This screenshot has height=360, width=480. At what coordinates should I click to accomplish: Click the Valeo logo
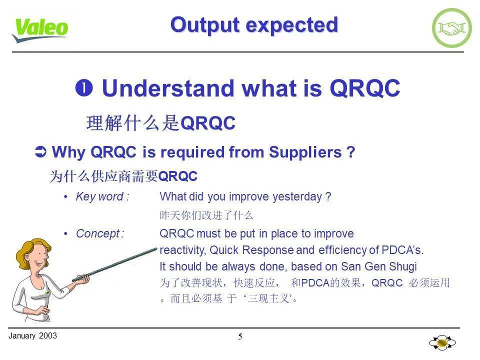[x=40, y=29]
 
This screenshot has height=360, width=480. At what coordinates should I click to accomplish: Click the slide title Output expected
[x=254, y=24]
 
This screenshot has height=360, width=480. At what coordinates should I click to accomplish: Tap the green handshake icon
[x=451, y=28]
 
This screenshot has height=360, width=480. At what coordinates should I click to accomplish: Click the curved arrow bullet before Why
[x=42, y=152]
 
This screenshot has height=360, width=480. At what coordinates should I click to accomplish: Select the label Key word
[x=102, y=197]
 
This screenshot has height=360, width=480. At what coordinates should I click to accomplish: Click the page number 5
[x=240, y=337]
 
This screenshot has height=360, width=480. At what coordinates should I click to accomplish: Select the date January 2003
[x=32, y=335]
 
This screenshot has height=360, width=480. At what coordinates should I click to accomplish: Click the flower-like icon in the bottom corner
[x=442, y=343]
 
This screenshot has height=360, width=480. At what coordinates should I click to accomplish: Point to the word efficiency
[x=343, y=249]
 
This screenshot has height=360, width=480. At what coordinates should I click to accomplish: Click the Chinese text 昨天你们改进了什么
[x=206, y=215]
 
